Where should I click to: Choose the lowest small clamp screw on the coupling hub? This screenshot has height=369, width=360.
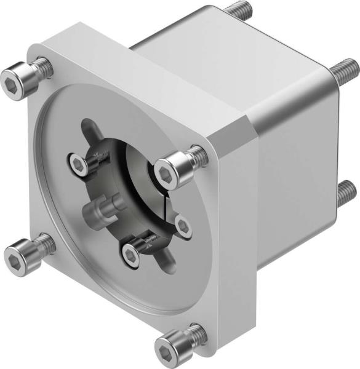tap(132, 252)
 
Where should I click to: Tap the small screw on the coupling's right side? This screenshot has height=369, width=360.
tap(182, 224)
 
